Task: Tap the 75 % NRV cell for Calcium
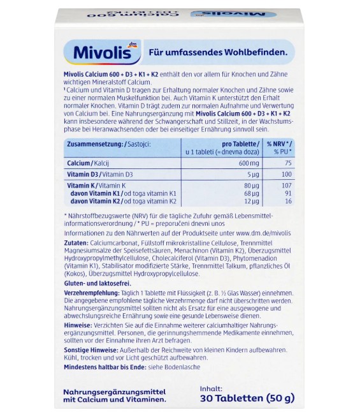(x=287, y=163)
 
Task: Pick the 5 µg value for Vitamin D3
(x=252, y=173)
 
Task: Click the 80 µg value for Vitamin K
(x=251, y=185)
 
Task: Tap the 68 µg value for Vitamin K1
(x=251, y=193)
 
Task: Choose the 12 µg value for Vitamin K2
(x=251, y=201)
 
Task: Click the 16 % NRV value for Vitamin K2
(x=287, y=201)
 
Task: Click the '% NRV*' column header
(x=280, y=145)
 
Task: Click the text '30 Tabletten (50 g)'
(x=247, y=399)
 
